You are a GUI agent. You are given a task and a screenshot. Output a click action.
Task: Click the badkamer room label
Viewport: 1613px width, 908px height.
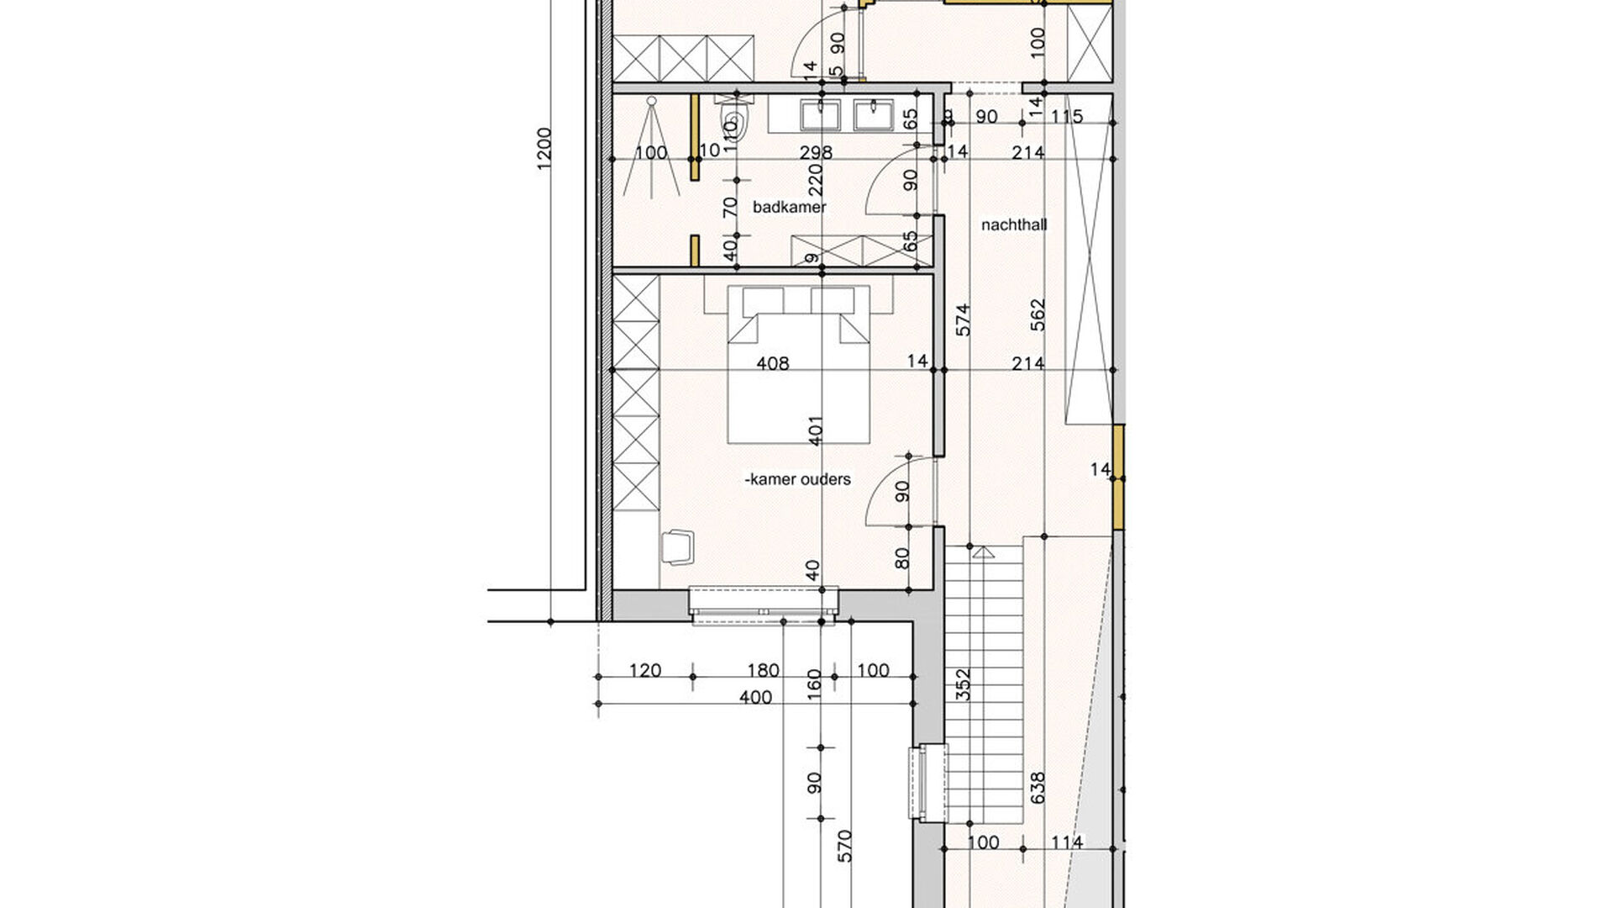tap(790, 207)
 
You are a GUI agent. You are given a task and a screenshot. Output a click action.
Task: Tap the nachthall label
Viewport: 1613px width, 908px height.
tap(1014, 225)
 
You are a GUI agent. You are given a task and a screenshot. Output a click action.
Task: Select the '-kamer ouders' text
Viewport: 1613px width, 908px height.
tap(797, 479)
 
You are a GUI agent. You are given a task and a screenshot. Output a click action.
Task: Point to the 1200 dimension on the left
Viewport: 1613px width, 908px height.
tap(544, 150)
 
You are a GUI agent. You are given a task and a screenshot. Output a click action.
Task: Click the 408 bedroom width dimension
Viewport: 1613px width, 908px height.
tap(773, 363)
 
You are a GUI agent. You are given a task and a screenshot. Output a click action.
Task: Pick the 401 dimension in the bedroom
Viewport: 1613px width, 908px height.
tap(815, 430)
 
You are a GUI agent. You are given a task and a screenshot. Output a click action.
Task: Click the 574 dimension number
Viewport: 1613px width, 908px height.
tap(964, 320)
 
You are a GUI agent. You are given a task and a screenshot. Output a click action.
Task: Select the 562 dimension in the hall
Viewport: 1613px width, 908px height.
tap(1038, 314)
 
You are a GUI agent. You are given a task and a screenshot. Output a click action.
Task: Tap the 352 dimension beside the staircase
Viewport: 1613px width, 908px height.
tap(964, 684)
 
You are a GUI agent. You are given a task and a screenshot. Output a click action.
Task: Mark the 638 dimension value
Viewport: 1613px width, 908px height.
tap(1038, 788)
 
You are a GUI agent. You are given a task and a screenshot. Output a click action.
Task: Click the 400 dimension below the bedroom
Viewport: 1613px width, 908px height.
tap(756, 697)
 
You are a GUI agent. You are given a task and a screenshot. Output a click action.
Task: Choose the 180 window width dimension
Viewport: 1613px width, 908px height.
tap(763, 671)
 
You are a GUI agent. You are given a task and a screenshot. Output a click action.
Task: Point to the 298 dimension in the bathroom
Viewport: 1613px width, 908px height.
tap(816, 152)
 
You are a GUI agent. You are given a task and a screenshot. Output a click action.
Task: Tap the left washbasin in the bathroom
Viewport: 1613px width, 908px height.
tap(820, 114)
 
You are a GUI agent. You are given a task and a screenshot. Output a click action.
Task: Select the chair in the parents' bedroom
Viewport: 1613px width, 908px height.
tap(678, 546)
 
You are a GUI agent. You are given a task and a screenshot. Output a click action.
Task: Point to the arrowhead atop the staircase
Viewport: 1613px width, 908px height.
tap(982, 552)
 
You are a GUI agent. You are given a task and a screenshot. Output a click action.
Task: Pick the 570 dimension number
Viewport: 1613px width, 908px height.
tap(845, 846)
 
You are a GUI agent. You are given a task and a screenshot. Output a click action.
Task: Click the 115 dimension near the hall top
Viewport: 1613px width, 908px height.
tap(1067, 117)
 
